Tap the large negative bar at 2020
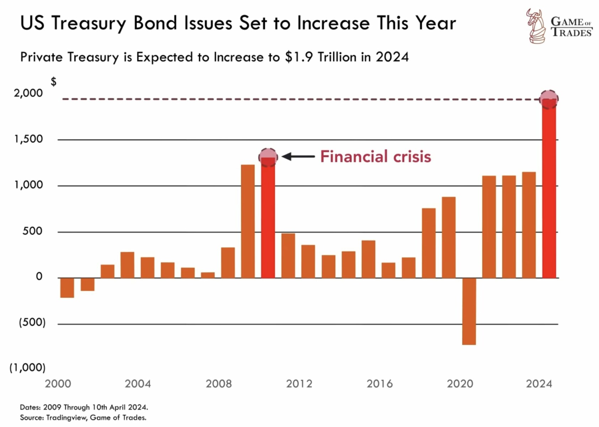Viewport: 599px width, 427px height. [x=469, y=311]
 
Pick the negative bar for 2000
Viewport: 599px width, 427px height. [x=67, y=288]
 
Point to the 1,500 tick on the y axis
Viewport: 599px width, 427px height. [x=28, y=139]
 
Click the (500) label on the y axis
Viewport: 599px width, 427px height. [x=32, y=322]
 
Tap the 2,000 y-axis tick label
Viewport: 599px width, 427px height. [x=28, y=93]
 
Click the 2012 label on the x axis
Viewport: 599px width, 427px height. [x=299, y=384]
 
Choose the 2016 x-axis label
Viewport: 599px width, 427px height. [x=380, y=384]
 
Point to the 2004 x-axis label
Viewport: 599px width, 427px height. [x=138, y=384]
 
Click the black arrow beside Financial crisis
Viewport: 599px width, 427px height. [x=298, y=156]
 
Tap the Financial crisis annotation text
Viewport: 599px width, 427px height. [x=375, y=157]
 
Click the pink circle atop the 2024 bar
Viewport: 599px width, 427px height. [x=549, y=99]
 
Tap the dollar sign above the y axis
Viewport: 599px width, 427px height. [x=53, y=82]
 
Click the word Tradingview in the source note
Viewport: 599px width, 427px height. [x=66, y=418]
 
